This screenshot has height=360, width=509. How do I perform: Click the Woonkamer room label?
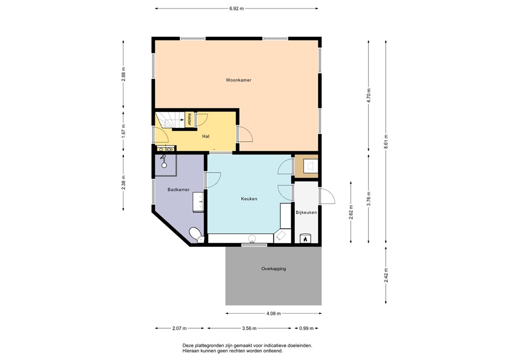239,80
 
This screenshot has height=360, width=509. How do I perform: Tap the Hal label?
205,136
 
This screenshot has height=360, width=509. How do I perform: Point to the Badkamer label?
178,189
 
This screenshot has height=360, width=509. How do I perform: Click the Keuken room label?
249,199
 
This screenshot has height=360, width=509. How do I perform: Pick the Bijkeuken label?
306,213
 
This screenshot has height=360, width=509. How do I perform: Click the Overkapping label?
274,269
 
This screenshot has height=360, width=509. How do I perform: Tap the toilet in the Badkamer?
196,235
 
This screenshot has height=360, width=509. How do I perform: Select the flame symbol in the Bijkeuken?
305,239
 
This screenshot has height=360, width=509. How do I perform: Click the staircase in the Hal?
170,120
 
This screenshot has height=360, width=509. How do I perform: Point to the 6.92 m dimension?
236,9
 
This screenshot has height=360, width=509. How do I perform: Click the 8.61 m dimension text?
386,142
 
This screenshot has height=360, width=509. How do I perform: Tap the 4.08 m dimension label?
274,314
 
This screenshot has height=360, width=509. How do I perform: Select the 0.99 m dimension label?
306,328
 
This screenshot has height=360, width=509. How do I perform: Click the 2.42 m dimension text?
386,275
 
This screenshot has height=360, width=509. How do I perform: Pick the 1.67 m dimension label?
123,131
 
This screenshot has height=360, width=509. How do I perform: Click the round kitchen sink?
253,240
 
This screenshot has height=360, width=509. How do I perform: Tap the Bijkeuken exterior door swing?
327,196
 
